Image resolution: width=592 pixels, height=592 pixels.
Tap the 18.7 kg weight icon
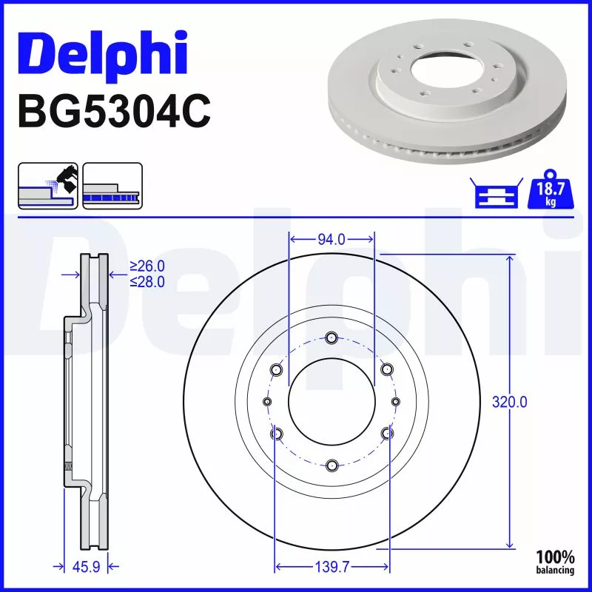(548, 193)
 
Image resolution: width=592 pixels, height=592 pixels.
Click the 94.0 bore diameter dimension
(331, 239)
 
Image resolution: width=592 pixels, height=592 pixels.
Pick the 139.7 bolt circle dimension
(332, 567)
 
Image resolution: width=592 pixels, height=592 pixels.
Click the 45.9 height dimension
(86, 567)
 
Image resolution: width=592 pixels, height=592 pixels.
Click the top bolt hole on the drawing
(332, 338)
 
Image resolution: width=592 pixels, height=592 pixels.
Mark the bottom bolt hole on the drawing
(332, 465)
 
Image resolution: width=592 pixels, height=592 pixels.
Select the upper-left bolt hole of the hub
(277, 369)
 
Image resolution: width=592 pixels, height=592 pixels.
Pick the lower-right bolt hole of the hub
(386, 433)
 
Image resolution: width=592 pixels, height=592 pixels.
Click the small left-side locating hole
(267, 401)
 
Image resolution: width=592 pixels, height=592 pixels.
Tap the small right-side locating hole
(395, 401)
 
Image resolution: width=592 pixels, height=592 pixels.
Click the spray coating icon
(47, 185)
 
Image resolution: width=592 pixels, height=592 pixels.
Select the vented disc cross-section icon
(112, 185)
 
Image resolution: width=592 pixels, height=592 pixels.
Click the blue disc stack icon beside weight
(495, 194)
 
